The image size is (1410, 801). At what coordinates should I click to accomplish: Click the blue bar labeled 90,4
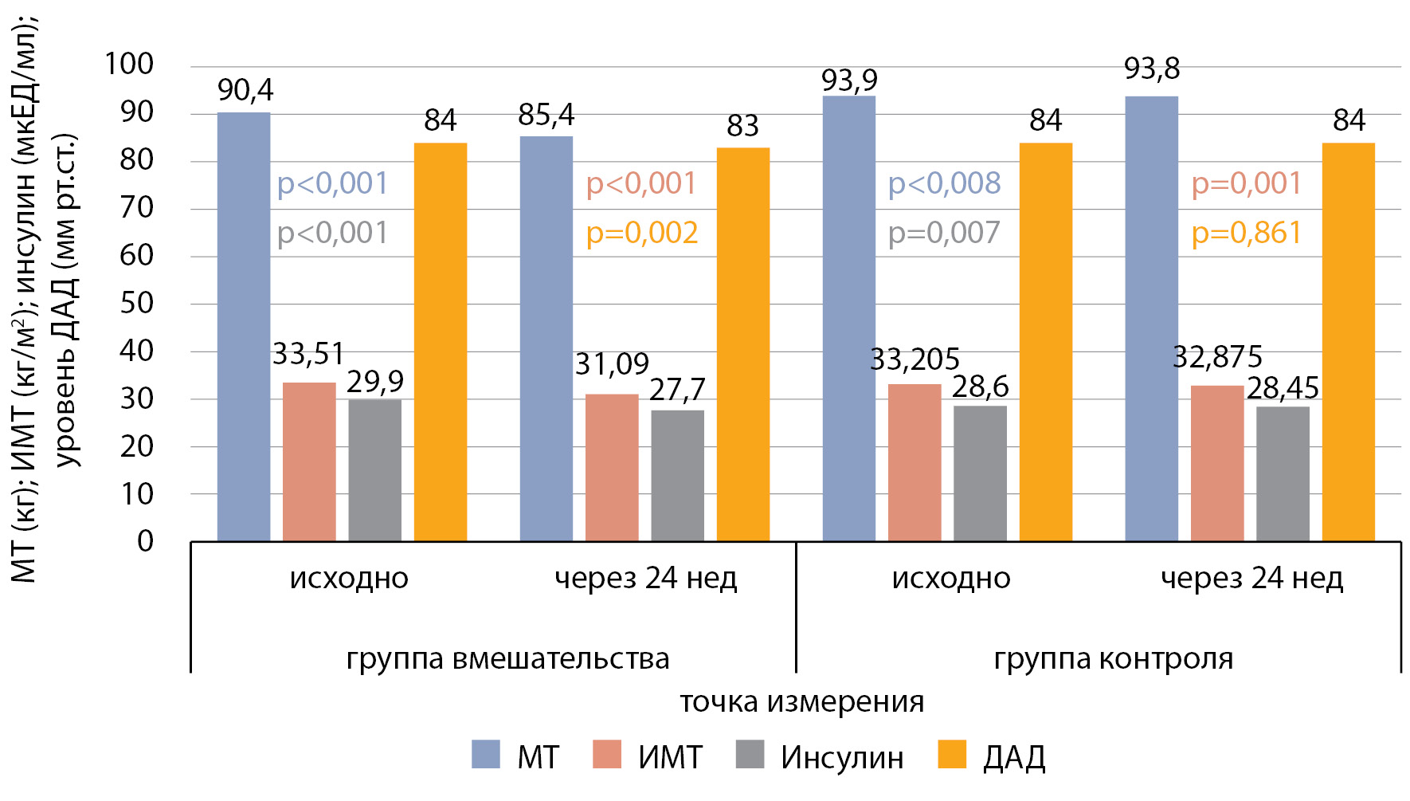pyautogui.click(x=244, y=327)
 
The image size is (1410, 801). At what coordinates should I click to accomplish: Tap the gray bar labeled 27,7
pyautogui.click(x=677, y=476)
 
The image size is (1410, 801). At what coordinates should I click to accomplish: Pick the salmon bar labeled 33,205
pyautogui.click(x=915, y=462)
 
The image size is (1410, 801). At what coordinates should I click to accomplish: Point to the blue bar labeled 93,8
pyautogui.click(x=1151, y=319)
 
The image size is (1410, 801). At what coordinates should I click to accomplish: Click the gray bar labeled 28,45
pyautogui.click(x=1283, y=474)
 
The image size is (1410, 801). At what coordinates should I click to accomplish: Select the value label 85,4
pyautogui.click(x=546, y=116)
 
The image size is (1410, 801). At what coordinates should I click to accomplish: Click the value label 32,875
pyautogui.click(x=1217, y=357)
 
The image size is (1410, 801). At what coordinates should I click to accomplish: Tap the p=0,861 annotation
pyautogui.click(x=1247, y=233)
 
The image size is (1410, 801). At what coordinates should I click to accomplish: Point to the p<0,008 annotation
pyautogui.click(x=944, y=183)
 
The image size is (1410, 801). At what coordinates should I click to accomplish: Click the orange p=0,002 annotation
pyautogui.click(x=642, y=233)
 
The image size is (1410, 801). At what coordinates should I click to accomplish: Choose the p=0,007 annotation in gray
pyautogui.click(x=944, y=233)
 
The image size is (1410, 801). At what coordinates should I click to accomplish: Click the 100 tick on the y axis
pyautogui.click(x=129, y=64)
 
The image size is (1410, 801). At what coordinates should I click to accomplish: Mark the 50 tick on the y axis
pyautogui.click(x=136, y=303)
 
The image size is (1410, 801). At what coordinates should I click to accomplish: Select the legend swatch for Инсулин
pyautogui.click(x=750, y=755)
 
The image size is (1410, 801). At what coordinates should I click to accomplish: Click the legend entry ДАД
pyautogui.click(x=1013, y=757)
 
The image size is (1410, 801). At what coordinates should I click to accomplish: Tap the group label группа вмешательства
pyautogui.click(x=507, y=659)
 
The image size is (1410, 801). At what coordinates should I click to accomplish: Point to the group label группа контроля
pyautogui.click(x=1113, y=659)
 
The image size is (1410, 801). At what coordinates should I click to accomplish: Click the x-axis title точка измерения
pyautogui.click(x=801, y=702)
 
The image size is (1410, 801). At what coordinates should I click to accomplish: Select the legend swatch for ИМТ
pyautogui.click(x=607, y=755)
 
